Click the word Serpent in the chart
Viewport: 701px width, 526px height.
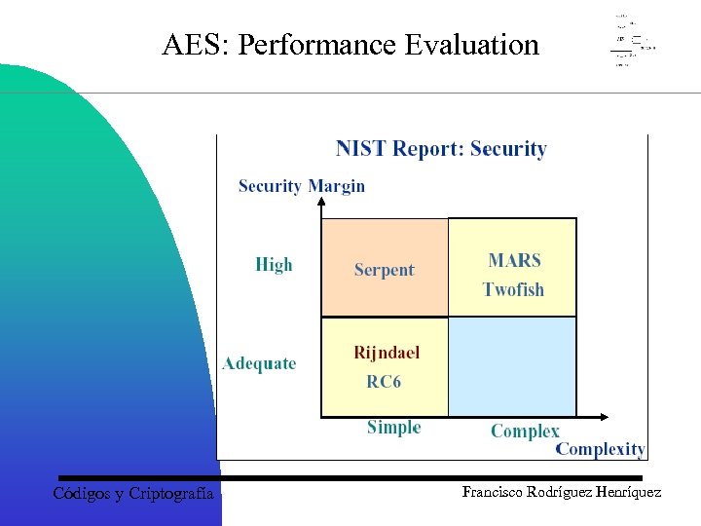[x=384, y=270]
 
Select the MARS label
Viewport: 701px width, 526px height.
[x=514, y=260]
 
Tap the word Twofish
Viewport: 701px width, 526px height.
[x=513, y=289]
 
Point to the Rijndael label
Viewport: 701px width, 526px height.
[x=387, y=353]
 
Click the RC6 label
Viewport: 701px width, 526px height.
[x=384, y=382]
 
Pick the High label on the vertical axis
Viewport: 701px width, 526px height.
[x=274, y=265]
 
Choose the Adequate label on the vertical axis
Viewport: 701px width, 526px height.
[x=259, y=364]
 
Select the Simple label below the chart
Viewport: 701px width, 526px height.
[x=393, y=428]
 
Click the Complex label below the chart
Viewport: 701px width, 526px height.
[x=525, y=431]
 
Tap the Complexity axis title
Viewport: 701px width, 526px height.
[x=600, y=449]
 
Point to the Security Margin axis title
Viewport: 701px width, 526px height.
[x=302, y=186]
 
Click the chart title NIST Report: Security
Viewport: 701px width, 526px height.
[x=441, y=149]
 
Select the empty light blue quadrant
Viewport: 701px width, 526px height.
[x=512, y=366]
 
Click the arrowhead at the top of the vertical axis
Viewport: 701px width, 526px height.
[x=321, y=202]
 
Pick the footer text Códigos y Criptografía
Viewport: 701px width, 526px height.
[x=133, y=494]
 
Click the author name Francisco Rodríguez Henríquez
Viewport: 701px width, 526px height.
[x=561, y=493]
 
